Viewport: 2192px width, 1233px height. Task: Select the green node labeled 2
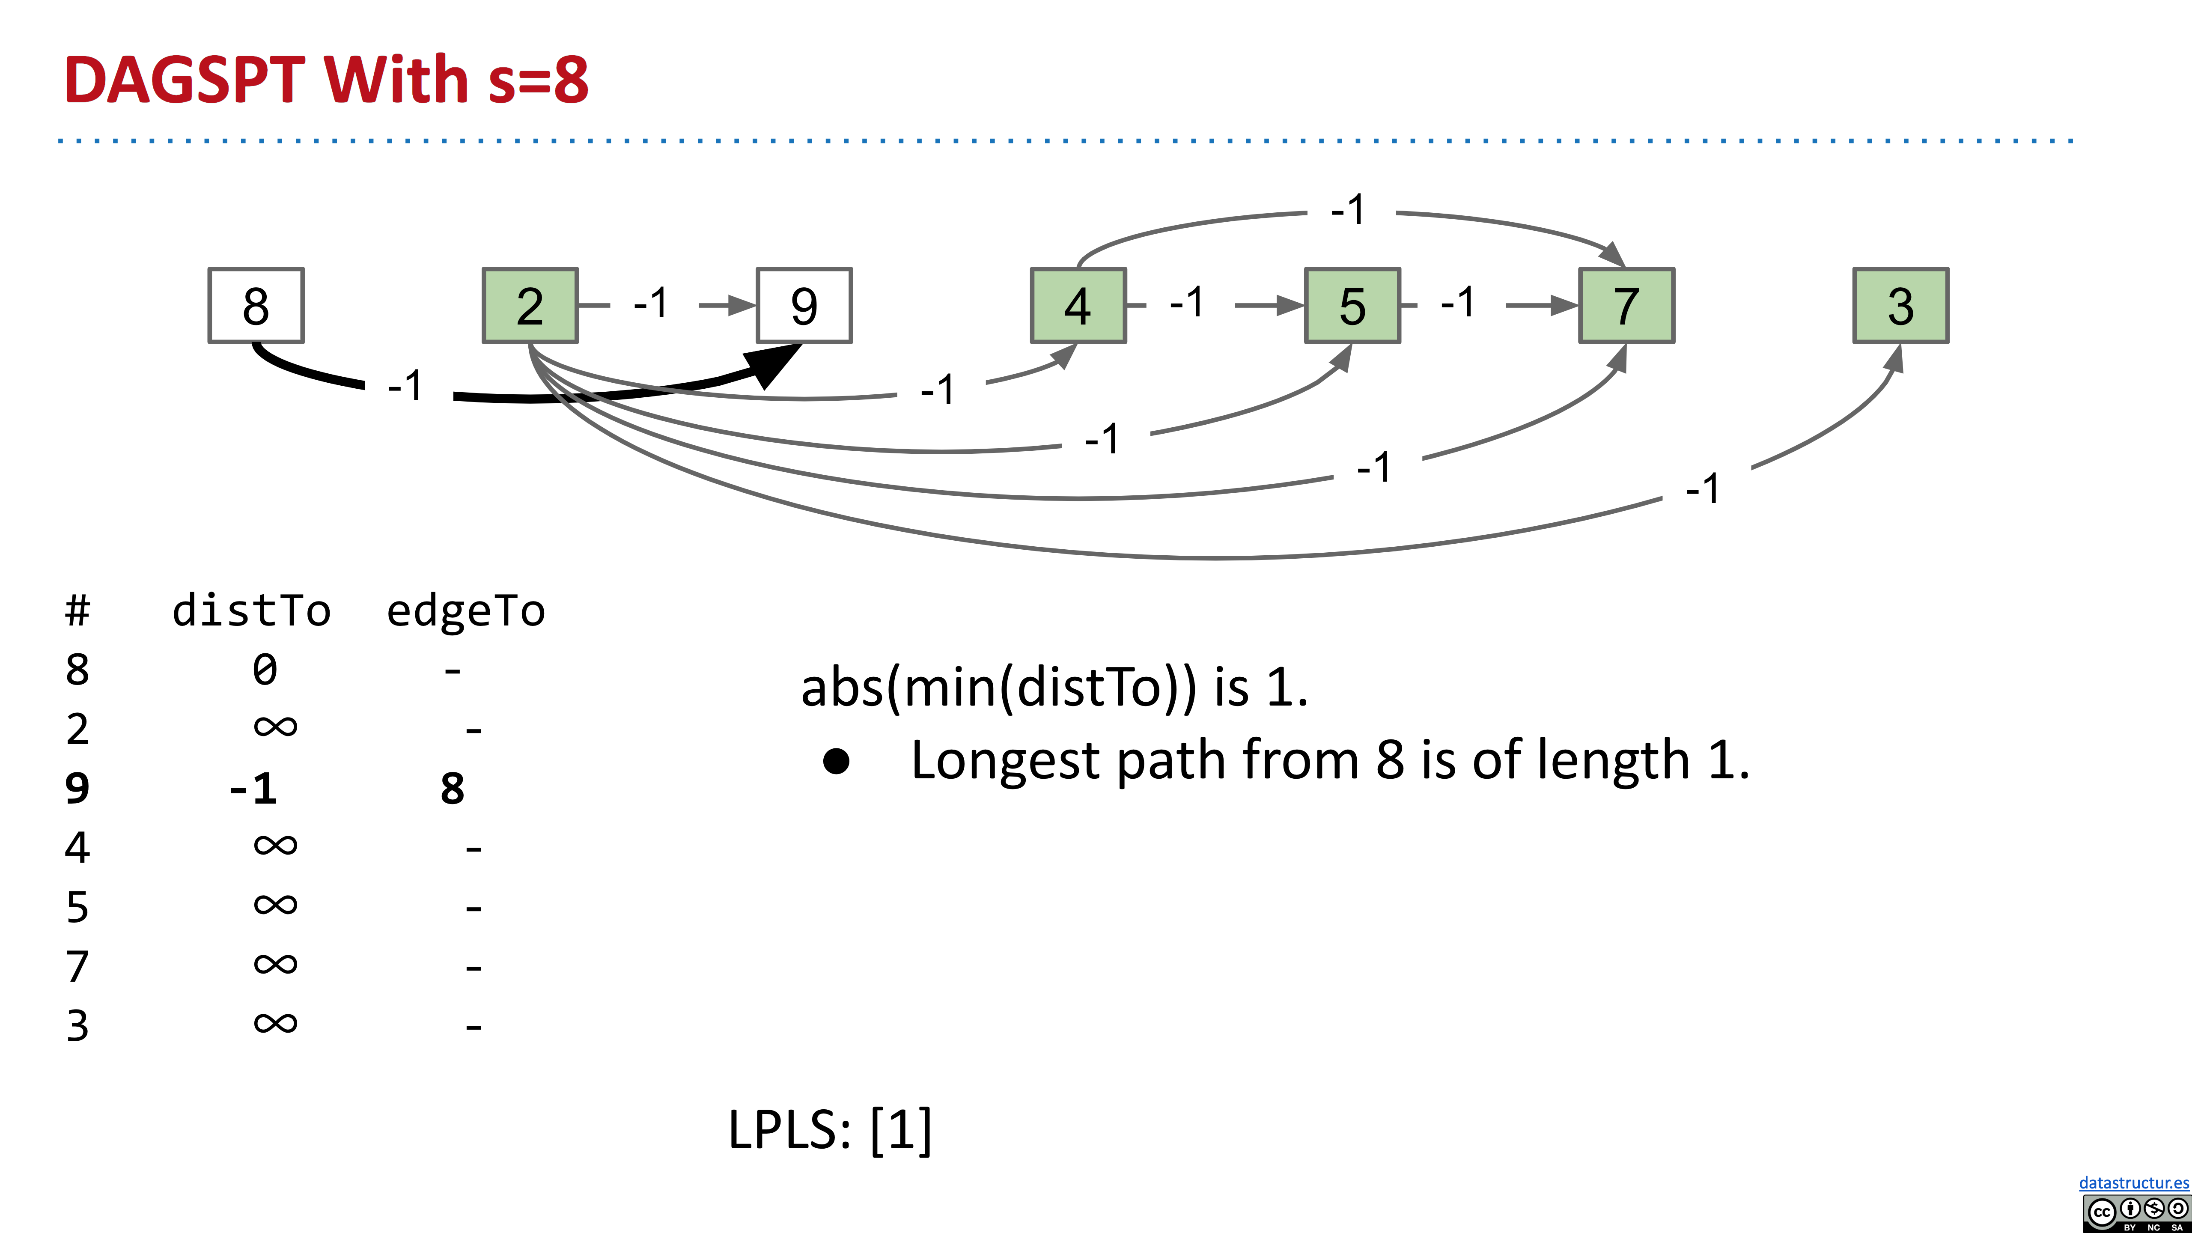[x=530, y=306]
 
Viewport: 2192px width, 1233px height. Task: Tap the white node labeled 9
[x=804, y=306]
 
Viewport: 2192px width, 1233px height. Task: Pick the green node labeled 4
[x=1078, y=306]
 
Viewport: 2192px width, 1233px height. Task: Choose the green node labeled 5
[x=1352, y=306]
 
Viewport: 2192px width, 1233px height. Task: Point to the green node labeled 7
[x=1626, y=306]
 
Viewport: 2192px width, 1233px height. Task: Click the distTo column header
[x=251, y=611]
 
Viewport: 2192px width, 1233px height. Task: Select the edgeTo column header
[x=465, y=611]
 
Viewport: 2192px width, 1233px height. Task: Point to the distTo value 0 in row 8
[x=265, y=670]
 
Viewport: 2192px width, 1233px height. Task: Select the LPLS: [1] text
[x=830, y=1130]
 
